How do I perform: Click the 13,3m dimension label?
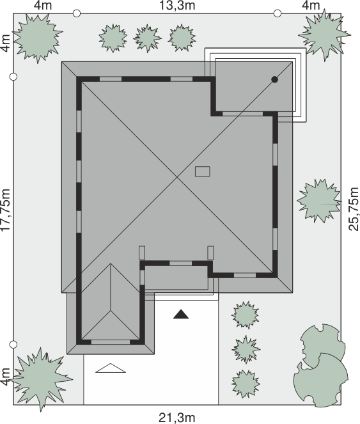(177, 5)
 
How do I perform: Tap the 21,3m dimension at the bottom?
(177, 418)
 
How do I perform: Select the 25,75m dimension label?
(354, 208)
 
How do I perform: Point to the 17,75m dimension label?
(5, 210)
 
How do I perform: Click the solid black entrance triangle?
(181, 314)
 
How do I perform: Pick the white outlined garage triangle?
(111, 368)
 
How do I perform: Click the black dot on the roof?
(274, 79)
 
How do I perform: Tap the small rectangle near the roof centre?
(203, 171)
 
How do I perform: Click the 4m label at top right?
(311, 5)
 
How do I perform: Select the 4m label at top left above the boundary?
(43, 5)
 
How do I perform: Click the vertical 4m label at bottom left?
(5, 377)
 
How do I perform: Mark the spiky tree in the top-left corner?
(38, 38)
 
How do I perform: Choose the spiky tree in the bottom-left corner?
(40, 379)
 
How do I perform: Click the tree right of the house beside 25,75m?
(319, 201)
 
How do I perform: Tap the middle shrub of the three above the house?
(147, 38)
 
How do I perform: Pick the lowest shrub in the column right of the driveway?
(246, 384)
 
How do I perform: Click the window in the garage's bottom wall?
(111, 342)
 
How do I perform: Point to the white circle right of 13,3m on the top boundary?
(278, 13)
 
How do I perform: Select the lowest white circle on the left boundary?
(13, 345)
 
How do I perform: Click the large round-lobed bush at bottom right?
(321, 380)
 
